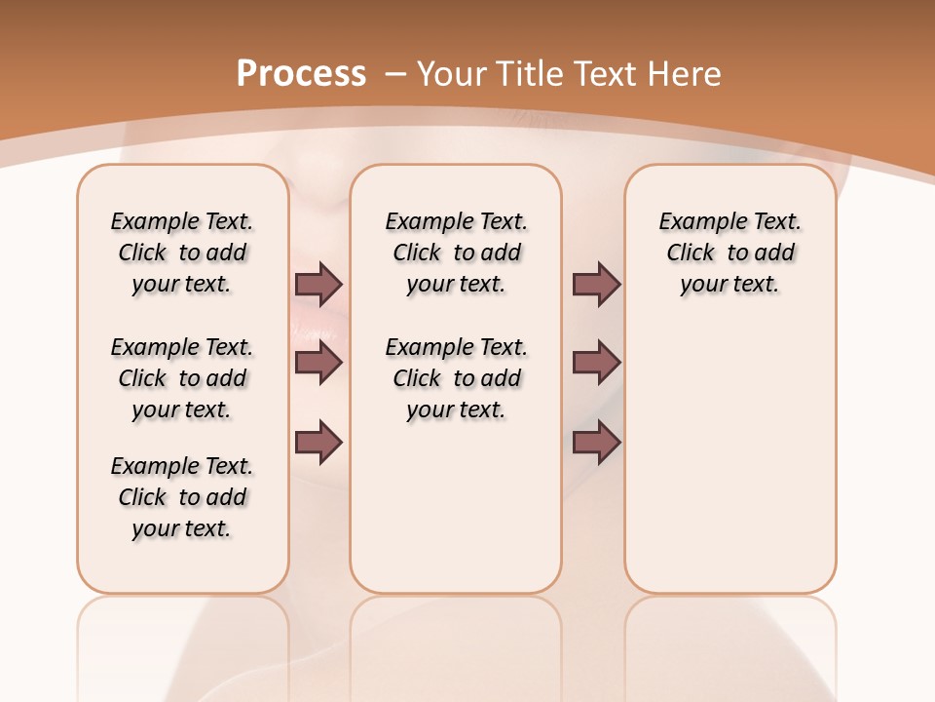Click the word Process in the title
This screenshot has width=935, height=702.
(301, 74)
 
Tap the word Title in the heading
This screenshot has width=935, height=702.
(532, 74)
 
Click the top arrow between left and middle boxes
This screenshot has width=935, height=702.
(318, 284)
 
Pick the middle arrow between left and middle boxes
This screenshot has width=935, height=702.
(318, 363)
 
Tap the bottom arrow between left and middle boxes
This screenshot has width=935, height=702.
(318, 444)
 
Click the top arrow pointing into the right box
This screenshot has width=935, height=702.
(596, 284)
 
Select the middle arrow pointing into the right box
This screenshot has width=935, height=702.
(596, 363)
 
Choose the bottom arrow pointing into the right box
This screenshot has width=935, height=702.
(596, 444)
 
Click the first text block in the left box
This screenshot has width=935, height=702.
(182, 253)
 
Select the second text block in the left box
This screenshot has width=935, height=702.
(182, 378)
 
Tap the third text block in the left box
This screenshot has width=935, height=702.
(182, 497)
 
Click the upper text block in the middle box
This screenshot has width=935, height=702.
(456, 253)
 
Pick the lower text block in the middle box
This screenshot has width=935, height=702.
(456, 378)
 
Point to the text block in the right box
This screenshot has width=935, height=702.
(729, 253)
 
